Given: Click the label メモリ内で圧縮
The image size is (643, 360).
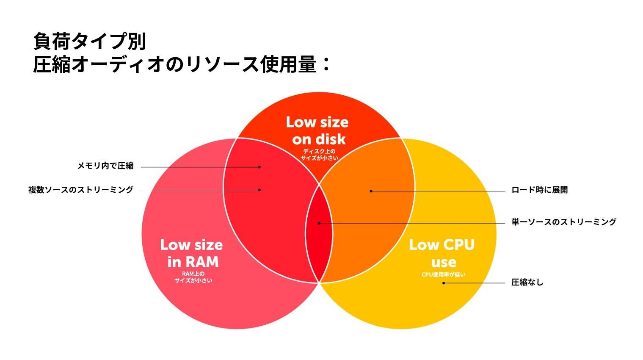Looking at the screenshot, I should [x=105, y=166].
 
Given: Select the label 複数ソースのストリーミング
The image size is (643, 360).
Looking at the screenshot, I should [x=81, y=190].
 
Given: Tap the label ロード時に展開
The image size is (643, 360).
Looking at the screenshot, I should [x=539, y=190].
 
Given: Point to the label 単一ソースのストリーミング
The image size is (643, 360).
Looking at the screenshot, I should [x=563, y=222].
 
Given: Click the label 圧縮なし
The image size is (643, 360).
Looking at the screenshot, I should [x=527, y=282].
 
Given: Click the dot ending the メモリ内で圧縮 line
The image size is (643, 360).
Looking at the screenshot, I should [x=259, y=167].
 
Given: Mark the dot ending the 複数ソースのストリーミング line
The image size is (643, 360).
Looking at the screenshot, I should [x=259, y=190].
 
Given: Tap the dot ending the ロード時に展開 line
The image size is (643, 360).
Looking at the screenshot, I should [x=371, y=191].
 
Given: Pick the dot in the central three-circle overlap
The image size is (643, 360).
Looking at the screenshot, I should [x=319, y=223].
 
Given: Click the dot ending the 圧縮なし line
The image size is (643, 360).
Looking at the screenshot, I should [x=444, y=283].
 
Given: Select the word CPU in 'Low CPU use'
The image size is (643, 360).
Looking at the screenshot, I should [x=458, y=245].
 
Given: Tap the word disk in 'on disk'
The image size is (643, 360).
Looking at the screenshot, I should [x=330, y=139].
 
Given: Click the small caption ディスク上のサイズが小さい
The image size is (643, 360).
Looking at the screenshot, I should [x=319, y=155].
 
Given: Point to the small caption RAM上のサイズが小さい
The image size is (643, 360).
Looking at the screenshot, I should [x=193, y=277].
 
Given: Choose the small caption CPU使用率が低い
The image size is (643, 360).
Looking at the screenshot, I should [x=443, y=274].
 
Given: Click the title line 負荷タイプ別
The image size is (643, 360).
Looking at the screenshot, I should [x=90, y=42].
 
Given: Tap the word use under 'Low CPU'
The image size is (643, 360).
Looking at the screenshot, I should [x=443, y=262].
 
